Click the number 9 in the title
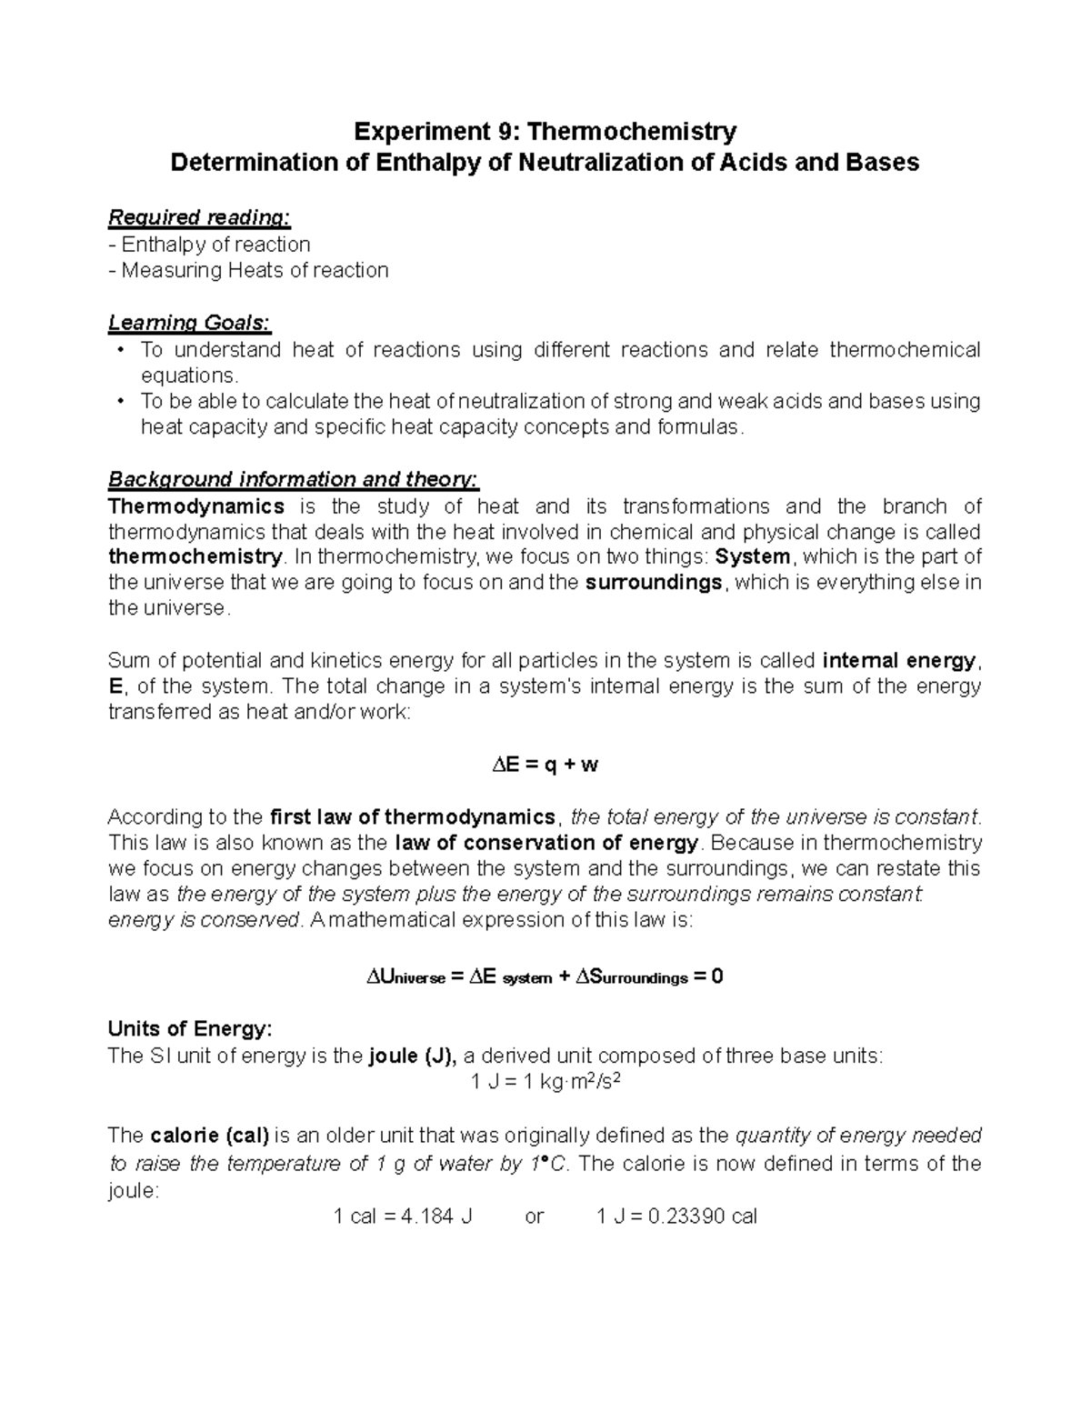click(504, 132)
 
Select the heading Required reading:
click(199, 217)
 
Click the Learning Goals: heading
click(189, 323)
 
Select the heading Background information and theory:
click(293, 479)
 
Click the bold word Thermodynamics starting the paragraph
click(196, 506)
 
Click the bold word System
click(754, 556)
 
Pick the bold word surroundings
click(654, 582)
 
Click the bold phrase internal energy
click(898, 660)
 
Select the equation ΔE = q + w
click(545, 765)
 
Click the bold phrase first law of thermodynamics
click(413, 816)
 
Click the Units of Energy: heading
click(189, 1029)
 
